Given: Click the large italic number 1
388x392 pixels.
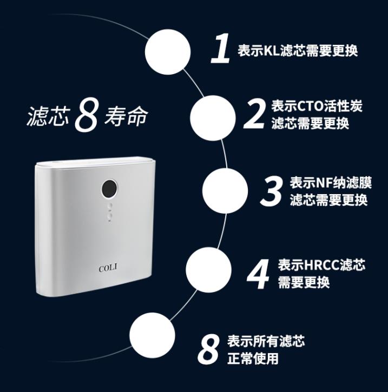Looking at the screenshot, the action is click(221, 49).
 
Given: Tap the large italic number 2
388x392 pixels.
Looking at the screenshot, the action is click(254, 114).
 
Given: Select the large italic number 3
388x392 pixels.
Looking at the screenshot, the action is click(272, 191).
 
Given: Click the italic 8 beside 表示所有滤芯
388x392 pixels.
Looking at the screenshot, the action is click(209, 349).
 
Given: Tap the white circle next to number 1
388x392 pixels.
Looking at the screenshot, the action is click(168, 52).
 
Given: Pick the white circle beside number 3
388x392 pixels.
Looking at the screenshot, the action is click(225, 191).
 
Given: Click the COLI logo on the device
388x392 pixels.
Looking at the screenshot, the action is click(108, 268).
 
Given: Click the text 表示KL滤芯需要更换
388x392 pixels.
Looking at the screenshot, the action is click(298, 51).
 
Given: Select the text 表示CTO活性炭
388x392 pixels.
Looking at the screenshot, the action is click(317, 106).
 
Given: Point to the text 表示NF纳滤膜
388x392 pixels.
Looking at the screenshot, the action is click(331, 183).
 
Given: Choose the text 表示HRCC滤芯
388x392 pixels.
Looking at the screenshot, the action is click(321, 265).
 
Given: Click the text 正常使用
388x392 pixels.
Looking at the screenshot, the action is click(253, 358).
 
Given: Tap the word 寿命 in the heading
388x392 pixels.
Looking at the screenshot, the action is click(126, 116).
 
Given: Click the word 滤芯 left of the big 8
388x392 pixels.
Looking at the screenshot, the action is click(48, 116).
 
